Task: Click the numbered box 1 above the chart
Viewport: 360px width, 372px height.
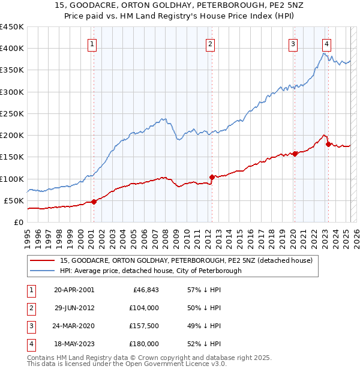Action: [x=93, y=43]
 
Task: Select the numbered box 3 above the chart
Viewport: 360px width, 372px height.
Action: [x=293, y=43]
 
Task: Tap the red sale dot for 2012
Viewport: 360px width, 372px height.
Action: [x=212, y=177]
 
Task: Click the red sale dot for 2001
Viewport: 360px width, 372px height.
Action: [x=94, y=202]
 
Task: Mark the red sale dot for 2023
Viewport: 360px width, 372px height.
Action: [x=328, y=144]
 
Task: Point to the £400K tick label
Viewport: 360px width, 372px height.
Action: [x=11, y=49]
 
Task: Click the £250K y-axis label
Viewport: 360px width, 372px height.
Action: [x=11, y=113]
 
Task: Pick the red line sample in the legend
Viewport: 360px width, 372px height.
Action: [x=41, y=261]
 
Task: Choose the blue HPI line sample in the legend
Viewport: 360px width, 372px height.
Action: [x=41, y=271]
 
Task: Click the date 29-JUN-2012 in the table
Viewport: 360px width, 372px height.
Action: [x=74, y=308]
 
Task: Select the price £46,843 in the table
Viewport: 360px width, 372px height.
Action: [x=144, y=290]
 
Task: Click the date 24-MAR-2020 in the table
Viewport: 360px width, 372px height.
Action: [x=74, y=326]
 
